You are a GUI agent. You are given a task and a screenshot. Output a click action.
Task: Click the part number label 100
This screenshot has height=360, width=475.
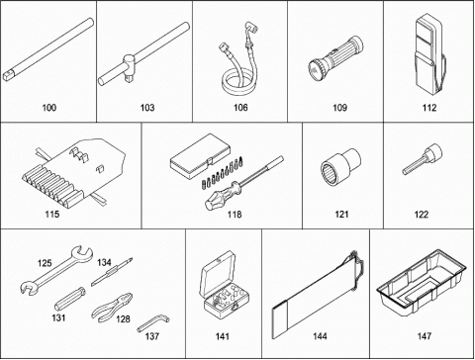tap(49, 108)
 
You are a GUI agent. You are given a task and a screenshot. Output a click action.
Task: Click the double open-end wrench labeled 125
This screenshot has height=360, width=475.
tap(56, 269)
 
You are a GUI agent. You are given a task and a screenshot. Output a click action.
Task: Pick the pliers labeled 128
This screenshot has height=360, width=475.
tap(112, 308)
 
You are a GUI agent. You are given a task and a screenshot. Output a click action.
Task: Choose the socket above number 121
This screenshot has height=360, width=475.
tap(340, 167)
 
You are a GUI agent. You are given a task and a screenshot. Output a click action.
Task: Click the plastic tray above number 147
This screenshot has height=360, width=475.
tap(422, 282)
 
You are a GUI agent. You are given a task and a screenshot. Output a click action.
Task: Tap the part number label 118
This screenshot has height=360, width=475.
tap(235, 215)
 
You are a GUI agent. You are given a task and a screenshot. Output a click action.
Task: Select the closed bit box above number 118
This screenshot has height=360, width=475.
tap(200, 156)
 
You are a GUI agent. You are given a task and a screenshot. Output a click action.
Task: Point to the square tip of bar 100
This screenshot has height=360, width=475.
tap(8, 76)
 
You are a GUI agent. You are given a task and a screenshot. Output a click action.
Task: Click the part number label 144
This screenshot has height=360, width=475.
tap(320, 336)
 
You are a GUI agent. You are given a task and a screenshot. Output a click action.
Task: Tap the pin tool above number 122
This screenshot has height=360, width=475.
tap(423, 159)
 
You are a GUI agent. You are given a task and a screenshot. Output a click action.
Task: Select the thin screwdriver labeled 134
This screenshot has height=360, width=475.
tap(112, 272)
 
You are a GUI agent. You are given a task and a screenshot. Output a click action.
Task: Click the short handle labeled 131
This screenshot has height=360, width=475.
tap(70, 299)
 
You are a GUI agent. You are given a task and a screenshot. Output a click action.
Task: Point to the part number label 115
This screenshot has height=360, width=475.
tap(52, 215)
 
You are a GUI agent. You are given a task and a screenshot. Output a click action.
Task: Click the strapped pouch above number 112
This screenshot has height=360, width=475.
tap(429, 55)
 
